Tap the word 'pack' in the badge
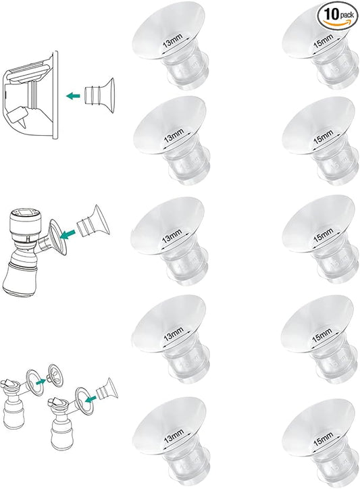click(346, 14)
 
